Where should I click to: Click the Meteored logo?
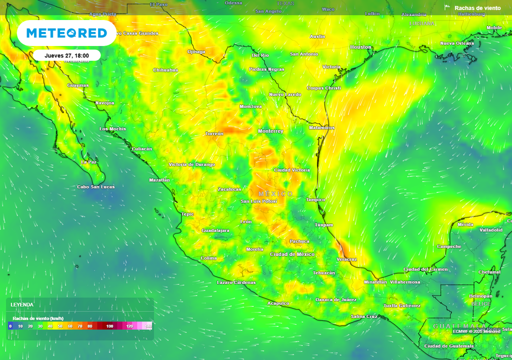point(66,33)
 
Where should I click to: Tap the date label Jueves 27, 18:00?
point(66,55)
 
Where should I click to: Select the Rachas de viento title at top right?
point(477,8)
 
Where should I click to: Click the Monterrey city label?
point(270,131)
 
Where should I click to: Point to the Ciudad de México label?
point(292,254)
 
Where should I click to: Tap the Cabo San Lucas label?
point(95,187)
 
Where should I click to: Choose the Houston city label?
point(360,47)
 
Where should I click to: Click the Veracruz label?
point(346,259)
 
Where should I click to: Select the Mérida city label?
point(465,224)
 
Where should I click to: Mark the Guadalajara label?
point(215,230)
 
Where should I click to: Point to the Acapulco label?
point(278,303)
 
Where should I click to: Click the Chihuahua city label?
point(165,70)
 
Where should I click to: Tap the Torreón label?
point(214,134)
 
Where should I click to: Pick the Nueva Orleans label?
point(456,43)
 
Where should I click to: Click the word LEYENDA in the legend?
point(22,304)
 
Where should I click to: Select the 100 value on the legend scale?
point(109,326)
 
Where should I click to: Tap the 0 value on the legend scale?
point(10,326)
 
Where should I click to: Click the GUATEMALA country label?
point(452,326)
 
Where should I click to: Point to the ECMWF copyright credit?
point(476,331)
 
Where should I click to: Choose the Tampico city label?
point(315,200)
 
